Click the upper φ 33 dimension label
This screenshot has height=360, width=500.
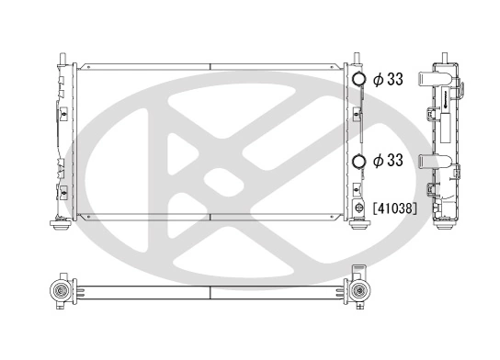(x=388, y=80)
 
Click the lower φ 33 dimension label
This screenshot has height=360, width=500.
(x=388, y=161)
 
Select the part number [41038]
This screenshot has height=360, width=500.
(x=397, y=208)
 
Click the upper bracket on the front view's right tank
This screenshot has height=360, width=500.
(x=357, y=114)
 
